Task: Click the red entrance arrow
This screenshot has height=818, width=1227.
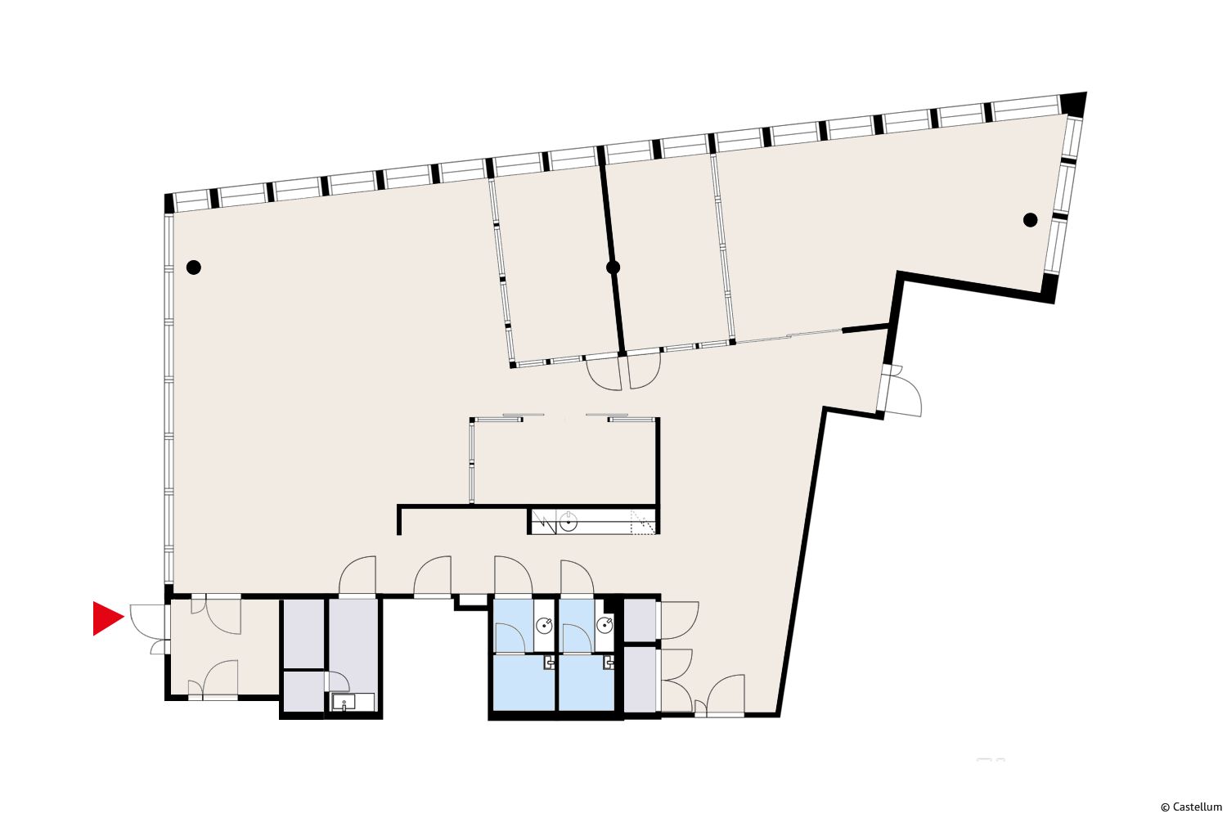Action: click(107, 618)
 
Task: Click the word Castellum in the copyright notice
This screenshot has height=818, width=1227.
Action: click(1198, 807)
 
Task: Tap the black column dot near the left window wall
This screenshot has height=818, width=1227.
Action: click(193, 267)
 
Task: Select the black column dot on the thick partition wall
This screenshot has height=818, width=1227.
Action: click(613, 267)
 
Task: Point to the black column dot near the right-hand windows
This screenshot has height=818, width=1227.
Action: click(1031, 220)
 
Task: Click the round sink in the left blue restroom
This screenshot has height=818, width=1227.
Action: click(544, 625)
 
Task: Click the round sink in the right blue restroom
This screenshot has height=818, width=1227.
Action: click(605, 625)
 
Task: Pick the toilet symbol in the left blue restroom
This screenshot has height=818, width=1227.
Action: click(549, 663)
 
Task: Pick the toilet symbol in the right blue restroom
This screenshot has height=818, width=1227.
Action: click(608, 663)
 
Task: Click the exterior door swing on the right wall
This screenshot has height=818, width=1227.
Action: click(904, 390)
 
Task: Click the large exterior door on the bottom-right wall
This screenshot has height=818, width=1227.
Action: click(726, 694)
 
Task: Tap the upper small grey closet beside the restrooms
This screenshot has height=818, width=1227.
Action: click(640, 620)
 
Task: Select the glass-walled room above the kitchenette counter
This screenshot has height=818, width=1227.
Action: click(564, 461)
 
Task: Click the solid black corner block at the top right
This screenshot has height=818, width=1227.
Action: click(1072, 104)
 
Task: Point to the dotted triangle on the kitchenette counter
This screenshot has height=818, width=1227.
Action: click(642, 523)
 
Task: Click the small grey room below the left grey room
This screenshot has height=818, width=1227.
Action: click(304, 691)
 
